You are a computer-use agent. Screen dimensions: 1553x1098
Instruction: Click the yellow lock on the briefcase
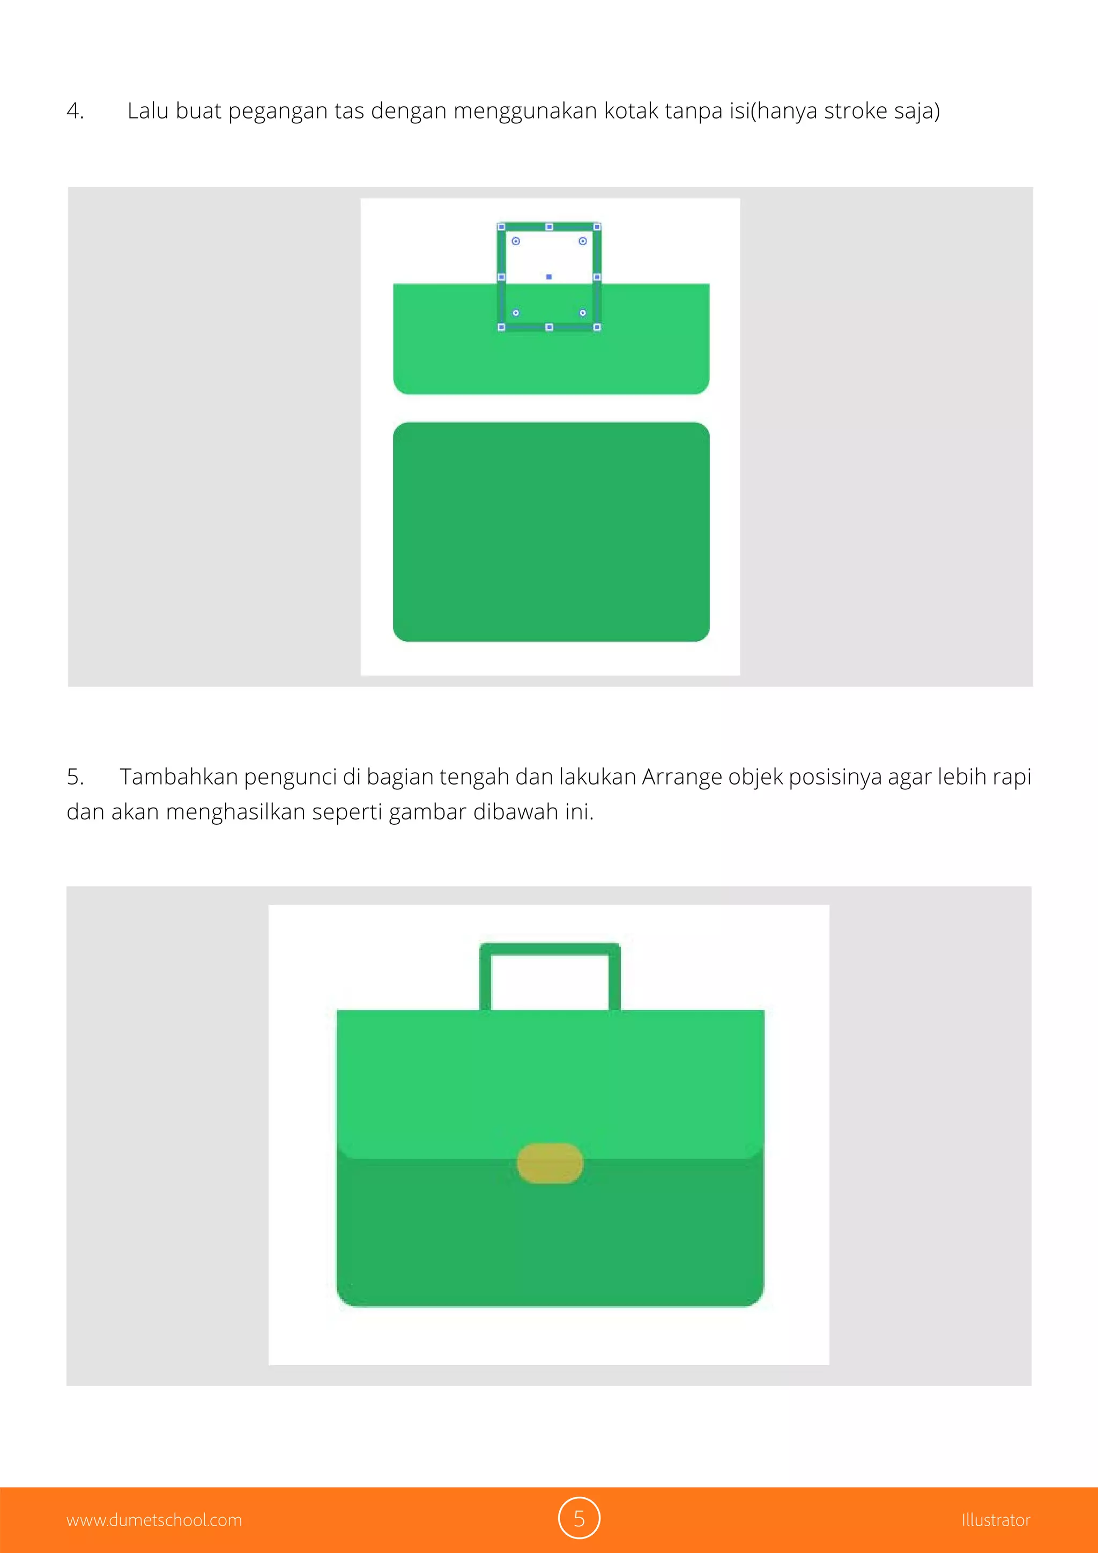point(550,1163)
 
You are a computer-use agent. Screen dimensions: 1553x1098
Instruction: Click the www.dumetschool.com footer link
point(154,1520)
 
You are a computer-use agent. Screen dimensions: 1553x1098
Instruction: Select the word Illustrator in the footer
point(995,1520)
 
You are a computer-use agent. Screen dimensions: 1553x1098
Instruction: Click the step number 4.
point(75,111)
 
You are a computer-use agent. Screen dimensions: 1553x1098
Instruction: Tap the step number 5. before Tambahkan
point(75,776)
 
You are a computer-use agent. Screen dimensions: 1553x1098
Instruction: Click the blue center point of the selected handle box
point(549,277)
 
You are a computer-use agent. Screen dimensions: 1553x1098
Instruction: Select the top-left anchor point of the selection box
point(501,227)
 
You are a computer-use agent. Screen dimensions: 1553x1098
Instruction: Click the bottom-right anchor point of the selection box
point(597,327)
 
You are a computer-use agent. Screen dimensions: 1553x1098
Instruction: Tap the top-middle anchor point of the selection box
point(549,227)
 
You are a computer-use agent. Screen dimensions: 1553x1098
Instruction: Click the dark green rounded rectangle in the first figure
point(551,531)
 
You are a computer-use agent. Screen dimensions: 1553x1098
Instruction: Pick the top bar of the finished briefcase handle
point(550,948)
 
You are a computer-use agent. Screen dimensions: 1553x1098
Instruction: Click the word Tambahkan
point(179,776)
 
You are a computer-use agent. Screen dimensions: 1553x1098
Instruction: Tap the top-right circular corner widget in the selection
point(583,241)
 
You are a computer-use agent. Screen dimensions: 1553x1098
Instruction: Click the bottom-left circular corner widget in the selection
point(516,313)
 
